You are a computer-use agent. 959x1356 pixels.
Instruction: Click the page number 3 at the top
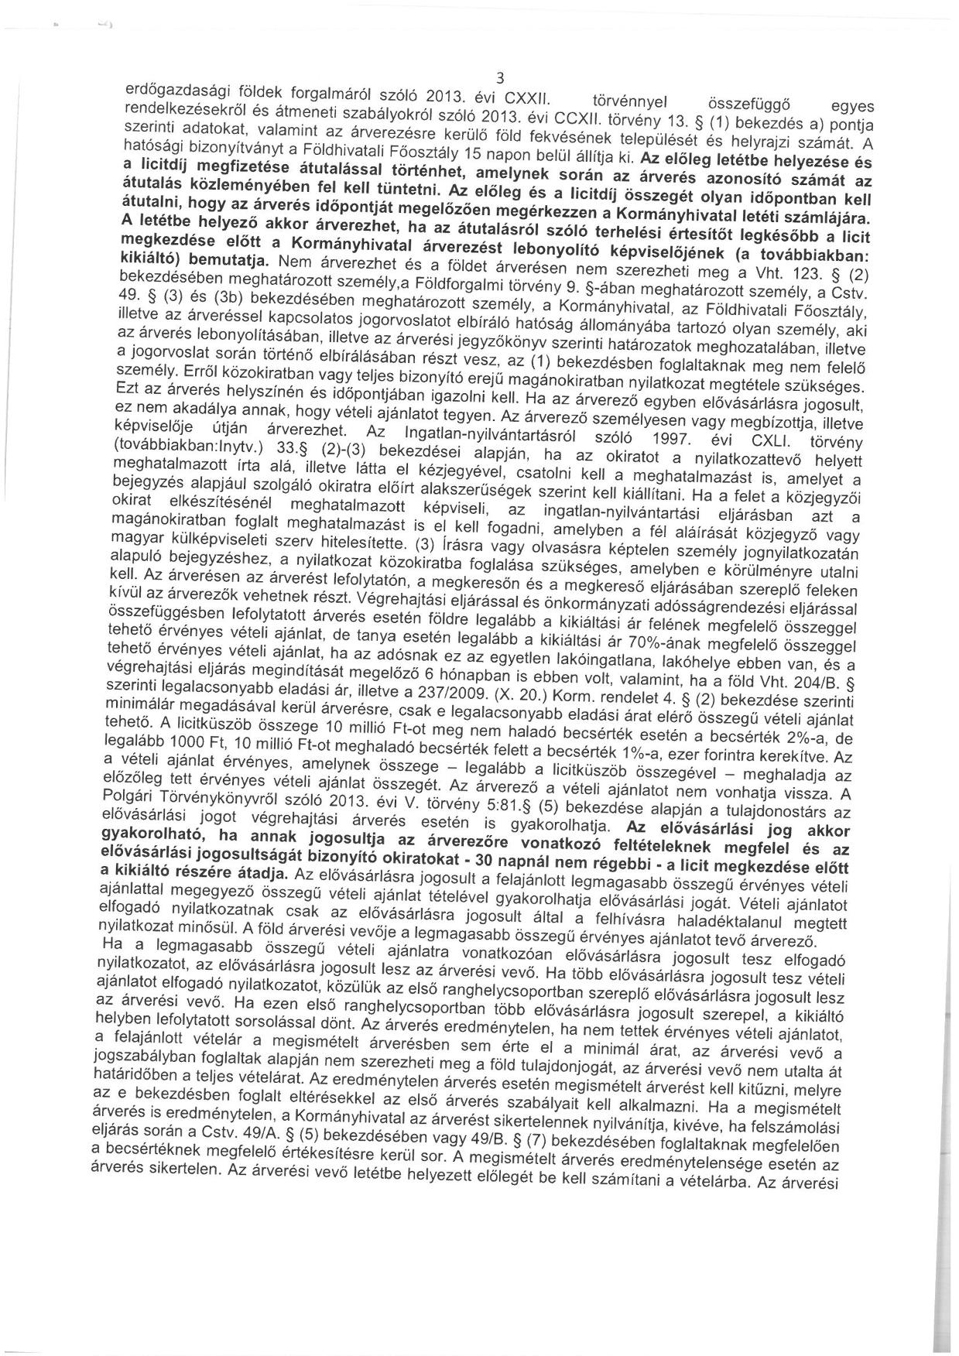(x=501, y=77)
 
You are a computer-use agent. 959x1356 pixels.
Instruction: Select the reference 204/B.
(x=823, y=683)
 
